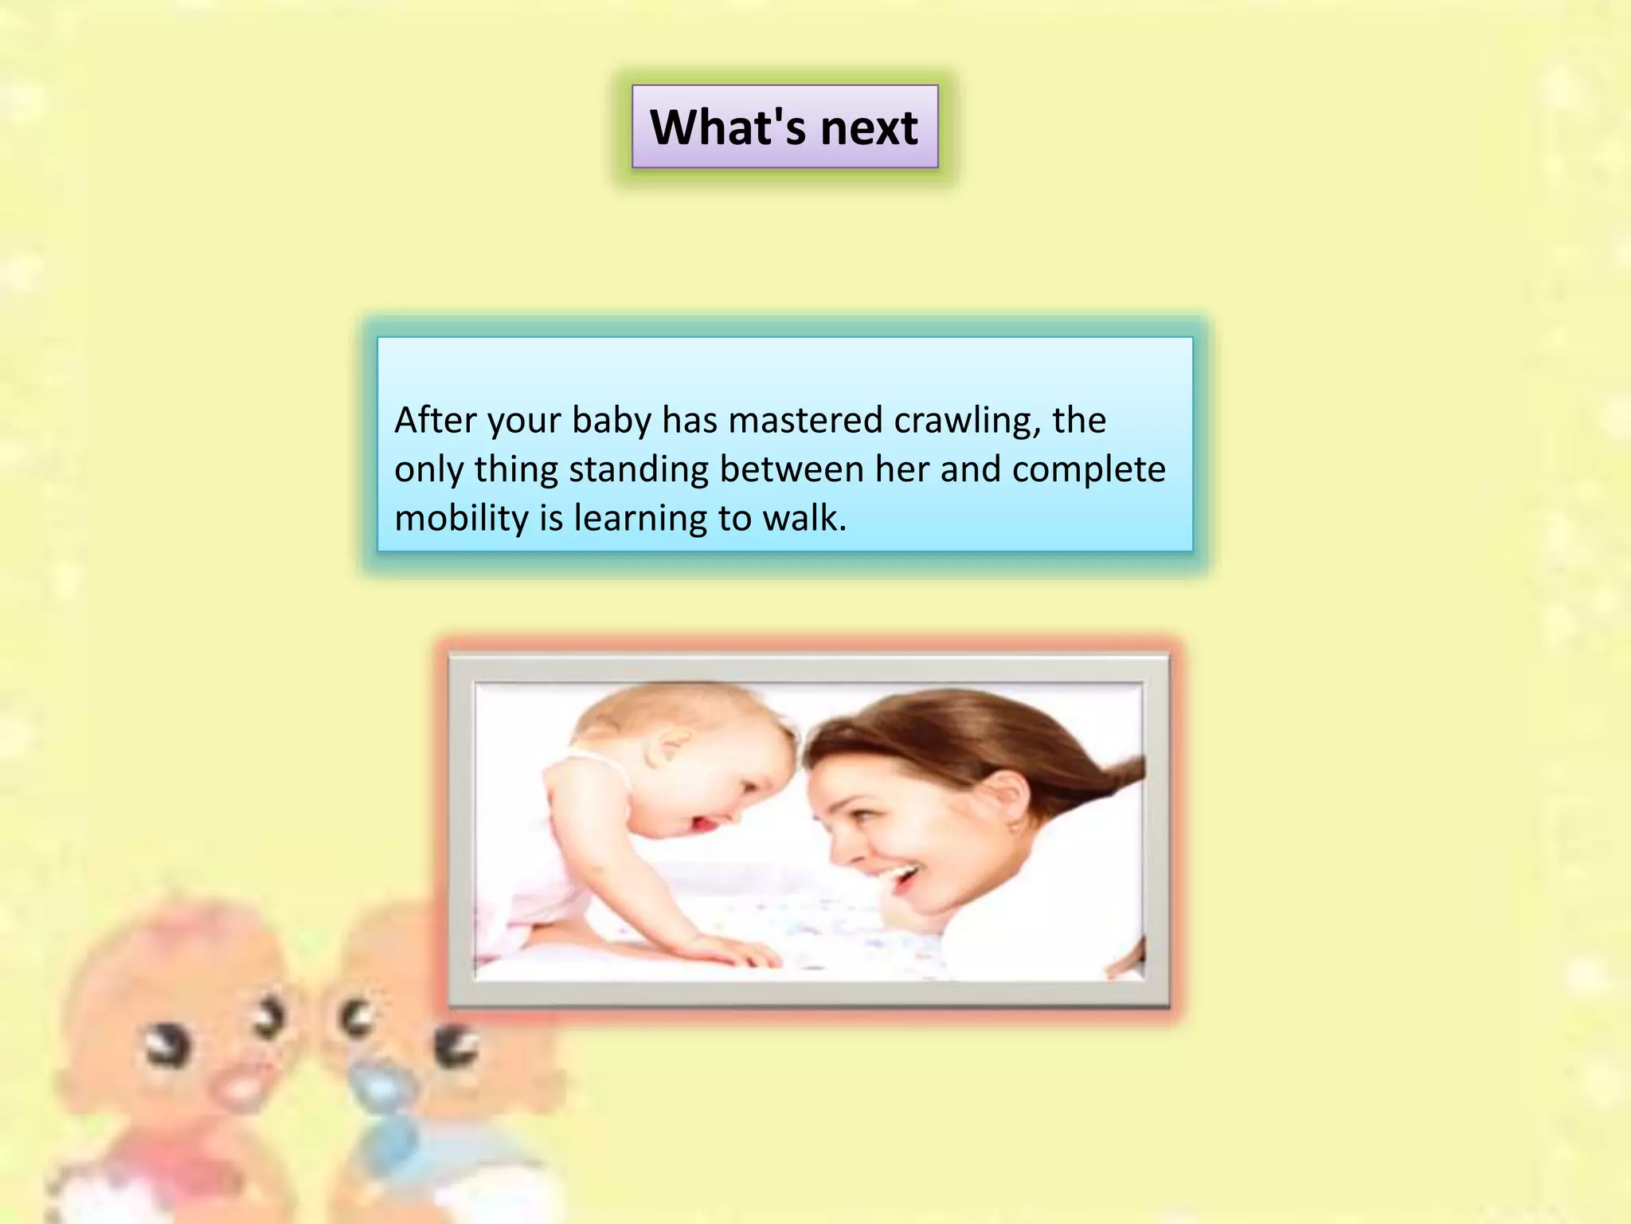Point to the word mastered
tap(805, 420)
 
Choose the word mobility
tap(461, 519)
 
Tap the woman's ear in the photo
tap(1006, 797)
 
